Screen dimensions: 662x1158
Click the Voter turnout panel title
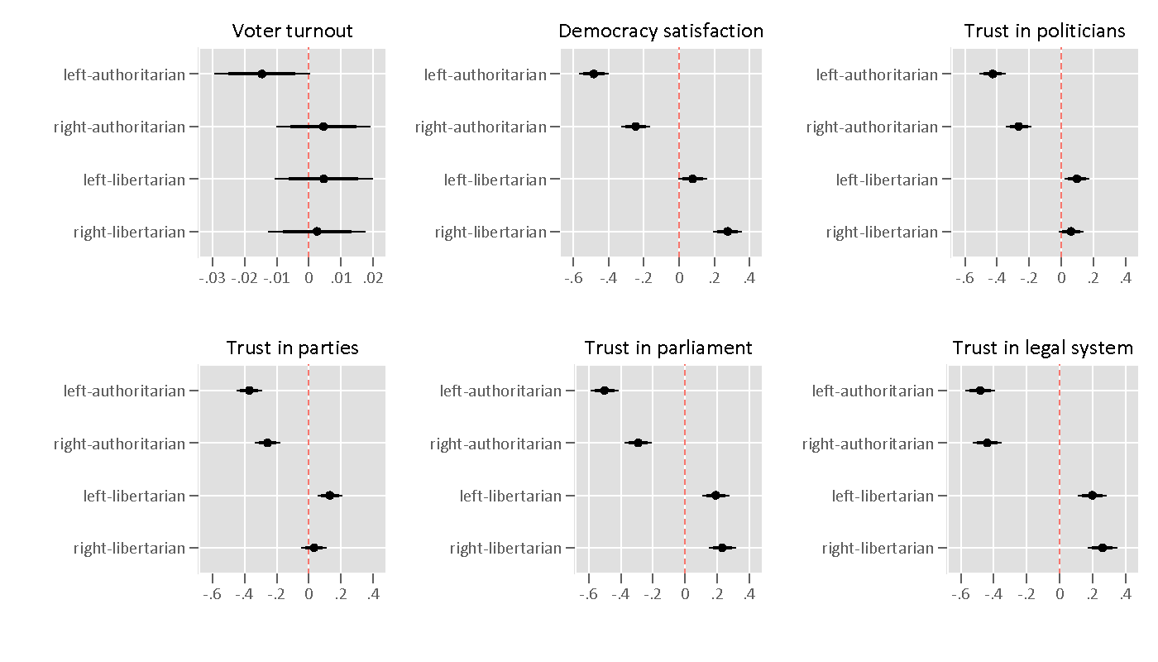tap(292, 31)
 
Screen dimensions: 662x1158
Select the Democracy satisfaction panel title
tap(661, 31)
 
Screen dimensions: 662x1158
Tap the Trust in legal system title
tap(1042, 348)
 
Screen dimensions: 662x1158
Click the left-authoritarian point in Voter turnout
tap(262, 74)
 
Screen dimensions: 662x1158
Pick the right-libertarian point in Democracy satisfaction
tap(727, 232)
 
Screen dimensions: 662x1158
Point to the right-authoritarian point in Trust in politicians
tap(1018, 127)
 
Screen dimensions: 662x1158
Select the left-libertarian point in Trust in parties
tap(329, 496)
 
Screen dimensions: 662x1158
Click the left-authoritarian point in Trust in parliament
tap(605, 391)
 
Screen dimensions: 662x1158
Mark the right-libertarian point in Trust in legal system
tap(1102, 548)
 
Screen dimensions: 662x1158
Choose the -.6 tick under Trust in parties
tap(212, 594)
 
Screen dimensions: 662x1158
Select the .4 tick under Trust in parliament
tap(749, 594)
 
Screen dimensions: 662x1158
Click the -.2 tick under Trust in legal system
tap(1026, 594)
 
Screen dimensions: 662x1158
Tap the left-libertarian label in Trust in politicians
tap(887, 180)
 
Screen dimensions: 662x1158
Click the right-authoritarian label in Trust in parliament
tap(495, 444)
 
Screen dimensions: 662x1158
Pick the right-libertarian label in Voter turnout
tap(129, 232)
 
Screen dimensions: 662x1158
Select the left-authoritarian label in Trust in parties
tap(124, 391)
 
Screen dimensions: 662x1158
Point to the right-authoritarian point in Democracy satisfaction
tap(635, 127)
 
